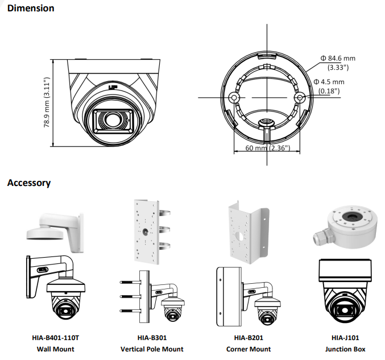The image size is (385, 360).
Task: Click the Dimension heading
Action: click(31, 9)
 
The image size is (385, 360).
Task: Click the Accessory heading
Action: click(29, 183)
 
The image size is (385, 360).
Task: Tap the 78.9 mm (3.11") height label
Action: click(47, 102)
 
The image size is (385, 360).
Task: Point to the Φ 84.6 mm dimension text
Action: click(337, 59)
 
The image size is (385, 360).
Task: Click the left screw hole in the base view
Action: click(233, 98)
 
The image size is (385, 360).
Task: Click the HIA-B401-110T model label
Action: click(55, 338)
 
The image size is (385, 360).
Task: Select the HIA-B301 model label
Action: click(152, 338)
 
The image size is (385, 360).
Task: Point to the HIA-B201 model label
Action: click(249, 338)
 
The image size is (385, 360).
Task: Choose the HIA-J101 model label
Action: click(345, 338)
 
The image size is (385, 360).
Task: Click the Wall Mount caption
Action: click(55, 349)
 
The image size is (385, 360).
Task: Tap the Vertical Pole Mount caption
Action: click(152, 349)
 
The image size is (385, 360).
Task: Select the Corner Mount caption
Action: click(249, 349)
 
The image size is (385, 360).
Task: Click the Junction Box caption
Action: click(345, 349)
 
